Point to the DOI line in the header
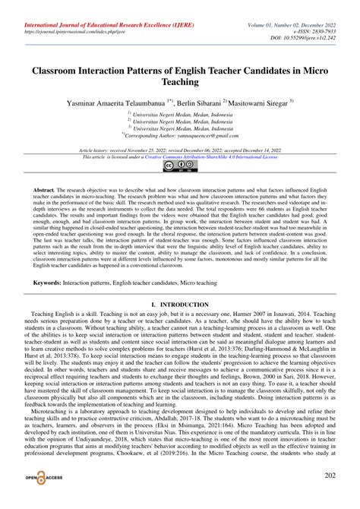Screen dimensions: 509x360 [x=311, y=24]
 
